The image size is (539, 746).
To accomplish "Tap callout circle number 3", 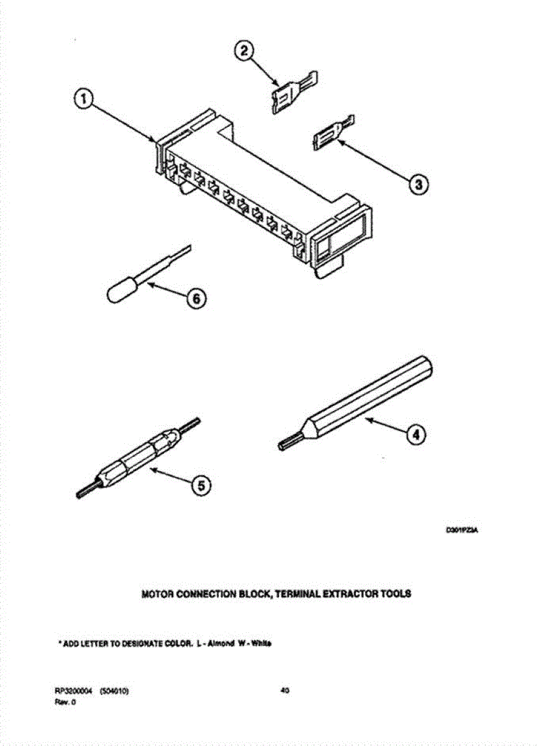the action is point(418,183).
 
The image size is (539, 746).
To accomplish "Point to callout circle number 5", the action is point(199,486).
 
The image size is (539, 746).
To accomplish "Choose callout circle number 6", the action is point(194,299).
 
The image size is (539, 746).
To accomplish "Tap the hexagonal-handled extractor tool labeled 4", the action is point(366,398).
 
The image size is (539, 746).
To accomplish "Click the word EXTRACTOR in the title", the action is point(350,594).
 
